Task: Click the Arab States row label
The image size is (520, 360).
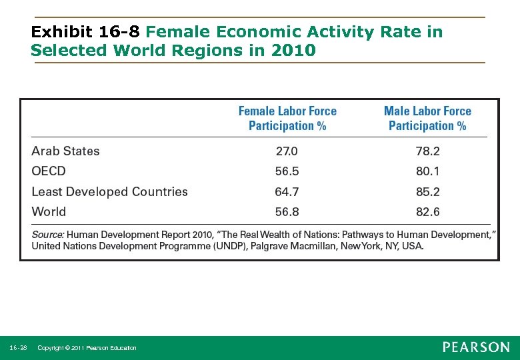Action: click(65, 151)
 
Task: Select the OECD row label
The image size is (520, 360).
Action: click(49, 171)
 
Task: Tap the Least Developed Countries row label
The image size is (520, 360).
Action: click(109, 192)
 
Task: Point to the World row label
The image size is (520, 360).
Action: click(49, 212)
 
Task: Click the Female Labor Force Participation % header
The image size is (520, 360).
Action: click(287, 119)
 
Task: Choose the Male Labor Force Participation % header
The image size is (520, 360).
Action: click(427, 119)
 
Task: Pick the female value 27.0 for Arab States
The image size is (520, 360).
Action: click(287, 151)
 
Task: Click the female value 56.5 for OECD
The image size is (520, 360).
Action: click(287, 171)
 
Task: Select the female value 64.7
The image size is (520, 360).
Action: click(287, 192)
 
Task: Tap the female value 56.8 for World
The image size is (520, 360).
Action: click(287, 212)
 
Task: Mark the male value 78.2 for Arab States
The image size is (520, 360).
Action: click(427, 151)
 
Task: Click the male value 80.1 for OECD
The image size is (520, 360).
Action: click(427, 171)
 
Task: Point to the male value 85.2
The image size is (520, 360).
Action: click(427, 192)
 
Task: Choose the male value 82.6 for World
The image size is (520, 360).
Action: click(427, 212)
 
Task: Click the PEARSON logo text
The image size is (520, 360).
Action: click(476, 347)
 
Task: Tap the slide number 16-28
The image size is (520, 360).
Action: click(19, 348)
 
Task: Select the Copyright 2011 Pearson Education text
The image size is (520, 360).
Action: click(87, 348)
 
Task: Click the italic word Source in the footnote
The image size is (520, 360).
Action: click(47, 235)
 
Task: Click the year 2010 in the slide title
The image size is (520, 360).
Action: click(293, 50)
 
